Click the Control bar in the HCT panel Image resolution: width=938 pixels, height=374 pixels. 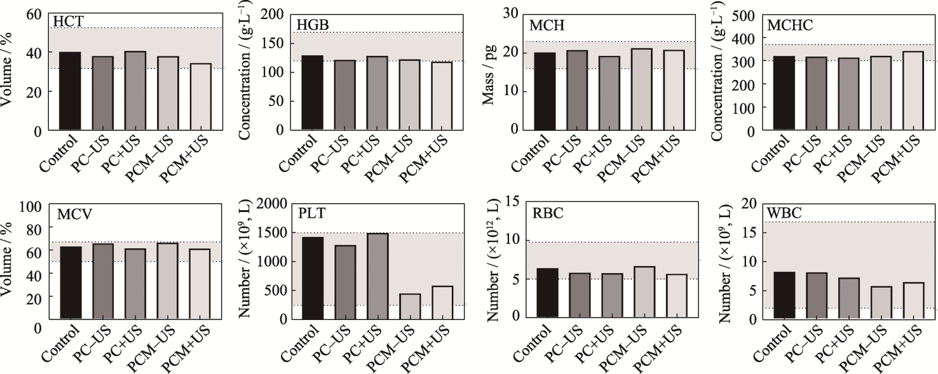point(70,91)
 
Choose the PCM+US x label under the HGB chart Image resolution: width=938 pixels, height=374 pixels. point(419,158)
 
